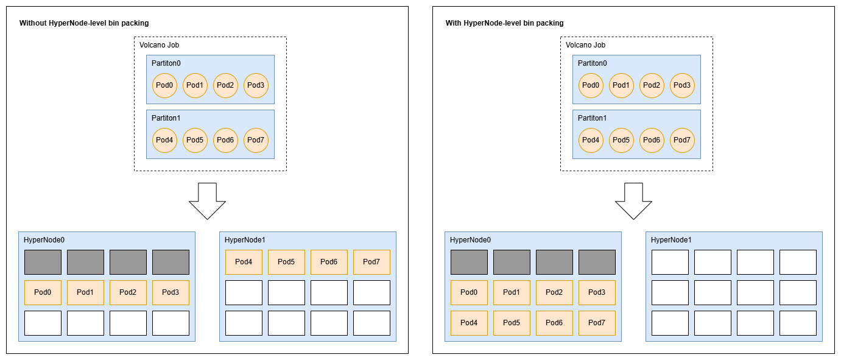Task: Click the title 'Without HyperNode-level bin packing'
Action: (x=84, y=23)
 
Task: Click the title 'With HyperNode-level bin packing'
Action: (x=504, y=23)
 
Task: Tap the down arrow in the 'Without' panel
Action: (x=207, y=200)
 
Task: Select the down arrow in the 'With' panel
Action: (x=633, y=200)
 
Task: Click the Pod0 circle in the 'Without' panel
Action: (x=164, y=85)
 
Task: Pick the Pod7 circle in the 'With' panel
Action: (x=682, y=140)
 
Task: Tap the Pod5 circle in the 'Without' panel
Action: (x=195, y=140)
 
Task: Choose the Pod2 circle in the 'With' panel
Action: (x=652, y=85)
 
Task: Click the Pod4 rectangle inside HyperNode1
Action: (x=244, y=262)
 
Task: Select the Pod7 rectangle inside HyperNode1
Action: (x=371, y=262)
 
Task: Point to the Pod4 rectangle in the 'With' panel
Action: (x=469, y=323)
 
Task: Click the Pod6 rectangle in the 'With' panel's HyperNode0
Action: (x=554, y=323)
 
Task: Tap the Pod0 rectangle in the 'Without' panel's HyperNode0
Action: (x=43, y=292)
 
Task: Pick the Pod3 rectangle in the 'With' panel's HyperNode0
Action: (x=597, y=292)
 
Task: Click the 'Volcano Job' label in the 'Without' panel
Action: (x=159, y=45)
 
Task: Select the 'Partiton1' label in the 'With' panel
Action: (x=592, y=118)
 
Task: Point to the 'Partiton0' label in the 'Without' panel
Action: (x=166, y=63)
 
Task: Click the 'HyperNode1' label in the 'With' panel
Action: (x=671, y=240)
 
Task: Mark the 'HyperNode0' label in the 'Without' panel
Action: (x=44, y=240)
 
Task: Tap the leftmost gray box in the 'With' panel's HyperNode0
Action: (x=469, y=262)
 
